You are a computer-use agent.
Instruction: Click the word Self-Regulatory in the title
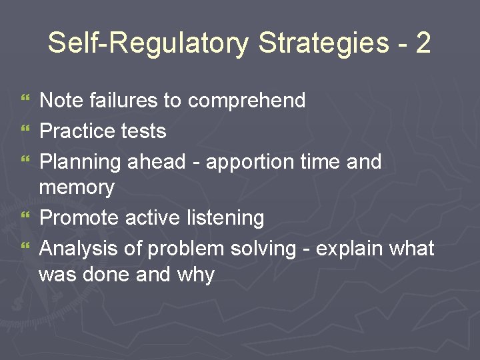point(148,43)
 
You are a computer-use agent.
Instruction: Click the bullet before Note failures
point(25,101)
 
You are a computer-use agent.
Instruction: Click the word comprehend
point(247,101)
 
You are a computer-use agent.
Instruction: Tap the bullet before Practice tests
point(25,131)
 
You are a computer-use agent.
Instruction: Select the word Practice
point(76,131)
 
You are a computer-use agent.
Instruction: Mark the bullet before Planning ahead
point(25,161)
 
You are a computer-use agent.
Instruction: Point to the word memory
point(77,187)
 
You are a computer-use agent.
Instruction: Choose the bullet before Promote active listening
point(25,217)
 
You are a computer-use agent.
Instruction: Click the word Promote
point(77,217)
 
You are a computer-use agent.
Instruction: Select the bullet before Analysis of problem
point(25,248)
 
